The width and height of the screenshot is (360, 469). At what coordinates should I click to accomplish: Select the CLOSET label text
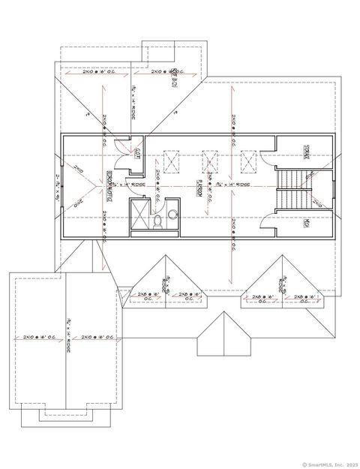pyautogui.click(x=139, y=155)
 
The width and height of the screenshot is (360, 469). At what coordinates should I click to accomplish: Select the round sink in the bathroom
pyautogui.click(x=172, y=214)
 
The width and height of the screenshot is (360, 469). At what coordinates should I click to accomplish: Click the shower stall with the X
pyautogui.click(x=139, y=217)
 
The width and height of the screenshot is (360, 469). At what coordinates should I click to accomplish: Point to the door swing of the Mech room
pyautogui.click(x=268, y=218)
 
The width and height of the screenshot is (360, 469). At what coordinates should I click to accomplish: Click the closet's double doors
pyautogui.click(x=120, y=150)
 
